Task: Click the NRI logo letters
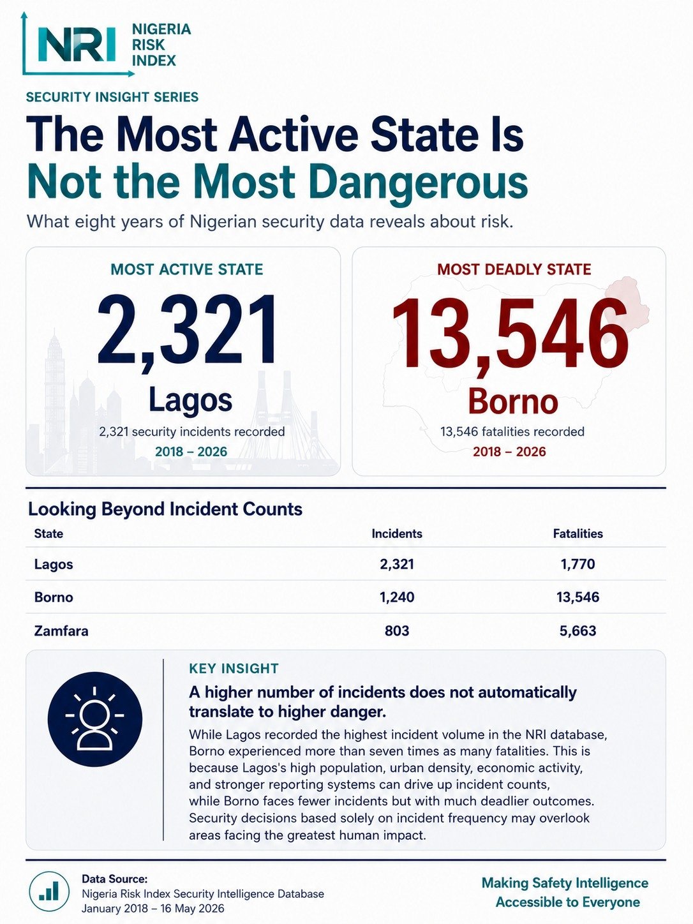click(x=77, y=45)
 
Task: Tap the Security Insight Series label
click(x=112, y=97)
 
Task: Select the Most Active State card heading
click(x=187, y=269)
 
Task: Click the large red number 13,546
click(x=510, y=333)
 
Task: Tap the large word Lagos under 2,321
click(x=191, y=400)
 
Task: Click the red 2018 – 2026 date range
click(x=509, y=452)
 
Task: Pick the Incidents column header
click(x=397, y=533)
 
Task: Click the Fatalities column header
click(x=577, y=533)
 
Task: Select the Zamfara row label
click(x=61, y=630)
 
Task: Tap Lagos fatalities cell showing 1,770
click(x=577, y=564)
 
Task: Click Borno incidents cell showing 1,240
click(x=397, y=597)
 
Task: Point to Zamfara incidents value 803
click(x=397, y=630)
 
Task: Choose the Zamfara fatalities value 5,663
click(x=577, y=630)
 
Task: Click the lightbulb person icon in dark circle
click(x=94, y=719)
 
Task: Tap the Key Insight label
click(x=234, y=669)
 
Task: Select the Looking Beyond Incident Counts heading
click(x=165, y=509)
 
